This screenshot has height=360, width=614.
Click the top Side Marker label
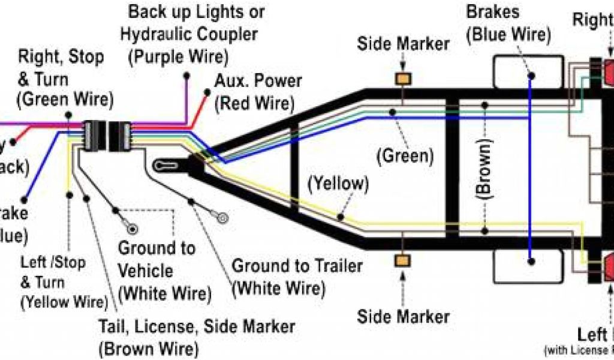[403, 44]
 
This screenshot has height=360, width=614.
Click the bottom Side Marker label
[403, 316]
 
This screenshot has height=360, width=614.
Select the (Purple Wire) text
[179, 57]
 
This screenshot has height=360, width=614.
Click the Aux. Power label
[258, 81]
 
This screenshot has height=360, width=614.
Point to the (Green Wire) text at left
[65, 100]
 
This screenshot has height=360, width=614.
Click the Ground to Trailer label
[297, 266]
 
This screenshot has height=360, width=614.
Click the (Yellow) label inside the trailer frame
[338, 184]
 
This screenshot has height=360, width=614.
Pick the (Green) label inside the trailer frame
[405, 156]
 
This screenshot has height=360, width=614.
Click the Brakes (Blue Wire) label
[508, 23]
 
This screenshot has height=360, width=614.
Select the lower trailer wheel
[528, 268]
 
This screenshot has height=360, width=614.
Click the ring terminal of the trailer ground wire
[223, 216]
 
